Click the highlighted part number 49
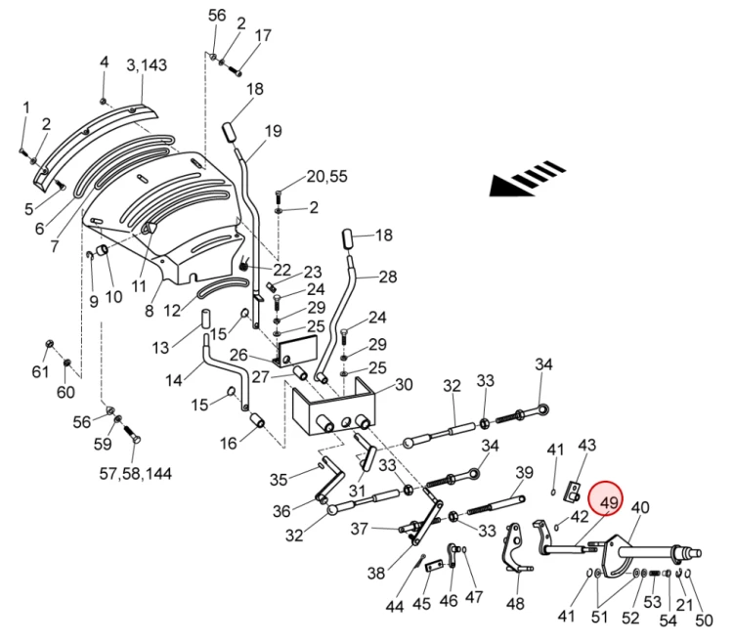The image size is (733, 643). (611, 503)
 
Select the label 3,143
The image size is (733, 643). (147, 65)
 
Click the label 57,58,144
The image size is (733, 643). (135, 474)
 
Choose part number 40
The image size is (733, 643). (640, 507)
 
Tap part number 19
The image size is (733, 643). (273, 131)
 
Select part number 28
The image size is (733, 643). (388, 278)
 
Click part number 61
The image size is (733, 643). (40, 372)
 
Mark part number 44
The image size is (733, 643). (395, 606)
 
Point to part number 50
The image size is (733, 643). (705, 621)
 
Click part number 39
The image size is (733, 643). (525, 473)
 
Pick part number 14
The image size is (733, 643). (174, 381)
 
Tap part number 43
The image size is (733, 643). (586, 445)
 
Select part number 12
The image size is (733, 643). (172, 312)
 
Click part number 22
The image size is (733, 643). (282, 270)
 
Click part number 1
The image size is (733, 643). (26, 107)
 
